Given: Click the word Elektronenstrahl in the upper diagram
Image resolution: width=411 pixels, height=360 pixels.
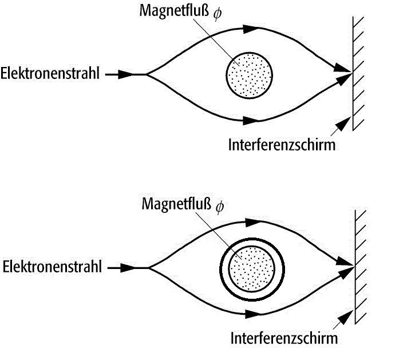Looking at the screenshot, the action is click(x=50, y=73).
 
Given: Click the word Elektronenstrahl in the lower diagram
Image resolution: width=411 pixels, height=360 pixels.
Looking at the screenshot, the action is click(x=52, y=267).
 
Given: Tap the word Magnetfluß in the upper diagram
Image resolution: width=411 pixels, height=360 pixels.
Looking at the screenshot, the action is click(x=174, y=11).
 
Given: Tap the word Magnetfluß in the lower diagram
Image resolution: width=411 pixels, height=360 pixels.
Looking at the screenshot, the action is click(x=176, y=204).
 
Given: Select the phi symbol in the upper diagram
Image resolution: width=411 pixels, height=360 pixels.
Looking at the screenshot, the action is click(x=218, y=13).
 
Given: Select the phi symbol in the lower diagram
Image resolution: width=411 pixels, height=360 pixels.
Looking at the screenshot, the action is click(x=220, y=207).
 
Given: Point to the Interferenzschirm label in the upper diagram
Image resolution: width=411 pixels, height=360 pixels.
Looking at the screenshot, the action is click(x=282, y=144).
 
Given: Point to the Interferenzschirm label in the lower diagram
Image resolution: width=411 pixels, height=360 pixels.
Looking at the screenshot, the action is click(x=284, y=338).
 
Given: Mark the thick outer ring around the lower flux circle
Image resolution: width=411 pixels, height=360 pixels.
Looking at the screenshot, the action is click(x=252, y=239).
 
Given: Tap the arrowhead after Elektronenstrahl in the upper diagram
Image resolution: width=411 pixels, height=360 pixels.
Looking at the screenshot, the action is click(x=126, y=74).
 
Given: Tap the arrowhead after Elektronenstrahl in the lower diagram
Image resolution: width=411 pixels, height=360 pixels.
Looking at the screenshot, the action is click(x=128, y=268).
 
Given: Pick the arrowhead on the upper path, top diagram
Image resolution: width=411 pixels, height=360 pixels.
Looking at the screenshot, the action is click(x=251, y=29).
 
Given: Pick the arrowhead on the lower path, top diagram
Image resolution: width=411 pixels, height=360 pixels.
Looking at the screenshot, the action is click(x=251, y=121).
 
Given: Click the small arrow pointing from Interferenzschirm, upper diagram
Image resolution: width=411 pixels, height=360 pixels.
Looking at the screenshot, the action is click(x=341, y=126).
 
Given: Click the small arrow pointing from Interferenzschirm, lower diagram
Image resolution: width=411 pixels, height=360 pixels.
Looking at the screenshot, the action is click(x=343, y=320).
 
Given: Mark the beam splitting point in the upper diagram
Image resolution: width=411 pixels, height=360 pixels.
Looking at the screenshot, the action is click(x=147, y=74).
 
